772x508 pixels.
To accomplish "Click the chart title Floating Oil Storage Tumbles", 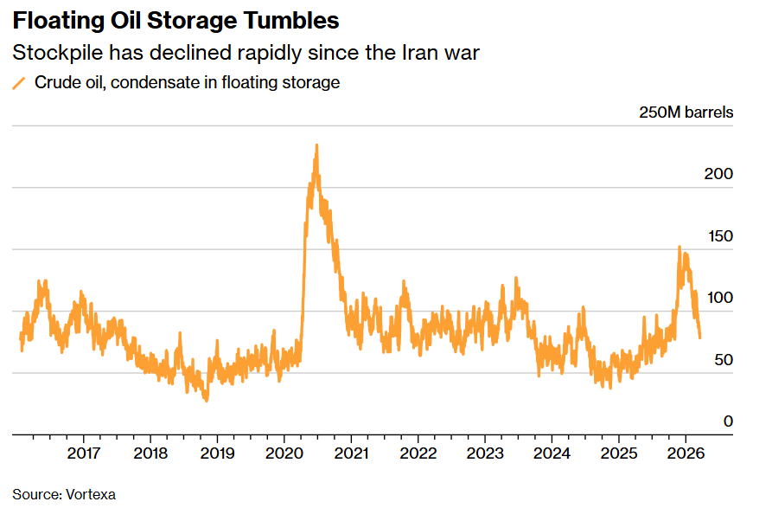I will (175, 20).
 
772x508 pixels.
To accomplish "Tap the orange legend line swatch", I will (19, 83).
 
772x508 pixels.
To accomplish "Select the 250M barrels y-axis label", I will (686, 113).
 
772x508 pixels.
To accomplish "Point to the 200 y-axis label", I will (718, 174).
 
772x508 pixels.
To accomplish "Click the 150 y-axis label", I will (718, 236).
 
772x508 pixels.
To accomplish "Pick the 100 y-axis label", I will (718, 298).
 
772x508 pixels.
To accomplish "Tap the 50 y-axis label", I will (723, 360).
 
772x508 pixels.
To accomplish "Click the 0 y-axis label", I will (728, 421).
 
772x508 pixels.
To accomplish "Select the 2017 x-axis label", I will (83, 453).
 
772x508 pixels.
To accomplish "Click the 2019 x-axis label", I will (217, 453).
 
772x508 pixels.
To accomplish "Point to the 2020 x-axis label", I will (284, 453).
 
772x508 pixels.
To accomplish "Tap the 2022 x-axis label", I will (418, 453).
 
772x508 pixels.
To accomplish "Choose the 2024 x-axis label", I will (552, 453).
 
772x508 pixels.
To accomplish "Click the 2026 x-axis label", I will (686, 453).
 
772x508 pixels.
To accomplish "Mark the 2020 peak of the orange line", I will (316, 145).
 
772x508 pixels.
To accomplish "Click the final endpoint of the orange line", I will (699, 338).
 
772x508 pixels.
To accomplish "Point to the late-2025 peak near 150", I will (679, 247).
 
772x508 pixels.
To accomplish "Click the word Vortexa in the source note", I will (90, 494).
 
